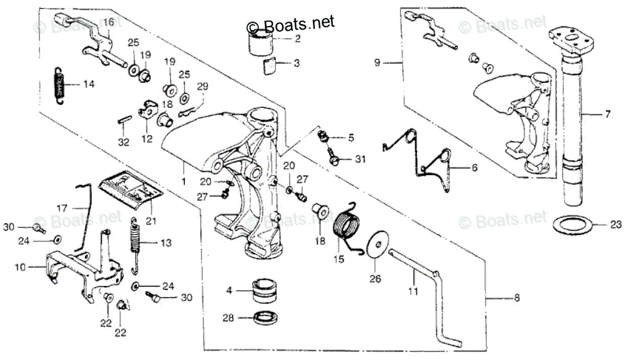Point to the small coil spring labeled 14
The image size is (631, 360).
[58, 85]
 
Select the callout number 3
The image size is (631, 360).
[296, 63]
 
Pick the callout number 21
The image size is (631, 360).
[151, 220]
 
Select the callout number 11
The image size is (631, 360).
[413, 289]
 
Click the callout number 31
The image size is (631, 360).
[360, 160]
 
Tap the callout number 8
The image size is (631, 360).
[516, 299]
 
